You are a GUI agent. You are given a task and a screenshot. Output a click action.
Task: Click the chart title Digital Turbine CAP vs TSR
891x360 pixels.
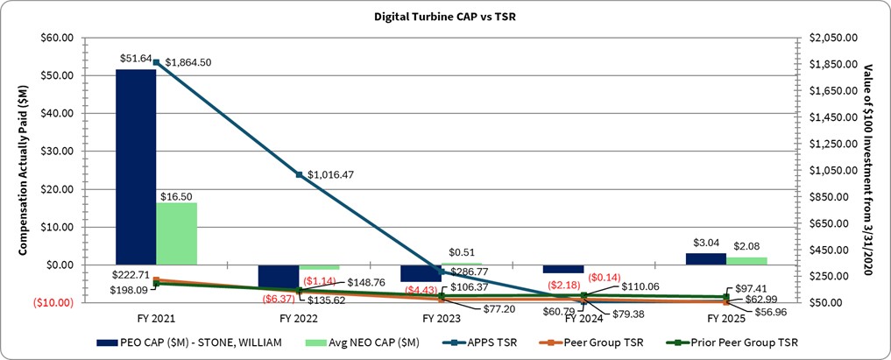pyautogui.click(x=444, y=16)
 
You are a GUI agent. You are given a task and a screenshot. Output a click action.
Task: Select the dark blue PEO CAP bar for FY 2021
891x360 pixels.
pyautogui.click(x=136, y=166)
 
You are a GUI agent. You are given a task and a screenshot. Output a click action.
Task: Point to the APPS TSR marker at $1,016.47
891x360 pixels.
pyautogui.click(x=299, y=175)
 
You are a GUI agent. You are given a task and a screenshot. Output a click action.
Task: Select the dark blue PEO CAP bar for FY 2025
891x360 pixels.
pyautogui.click(x=706, y=258)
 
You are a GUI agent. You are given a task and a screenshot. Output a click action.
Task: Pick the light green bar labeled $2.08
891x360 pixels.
pyautogui.click(x=746, y=260)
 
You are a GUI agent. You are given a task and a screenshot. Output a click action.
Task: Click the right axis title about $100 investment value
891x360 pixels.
pyautogui.click(x=868, y=170)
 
